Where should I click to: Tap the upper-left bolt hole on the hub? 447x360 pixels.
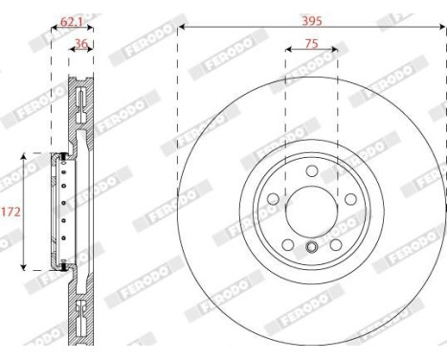(272, 197)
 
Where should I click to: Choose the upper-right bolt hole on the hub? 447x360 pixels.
(350, 197)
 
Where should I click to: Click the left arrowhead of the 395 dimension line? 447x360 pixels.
(182, 27)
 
